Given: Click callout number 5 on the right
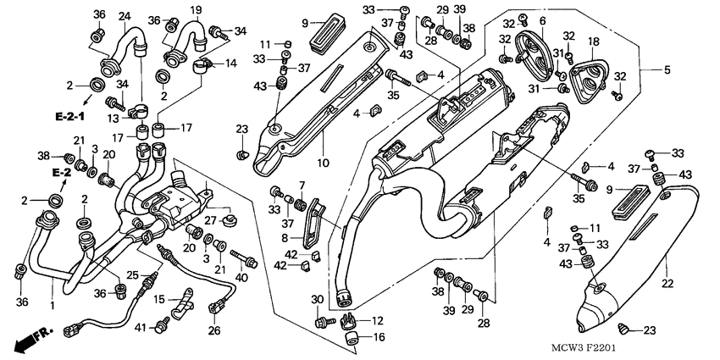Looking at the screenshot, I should (667, 69).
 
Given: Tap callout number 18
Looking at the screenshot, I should (593, 42).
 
